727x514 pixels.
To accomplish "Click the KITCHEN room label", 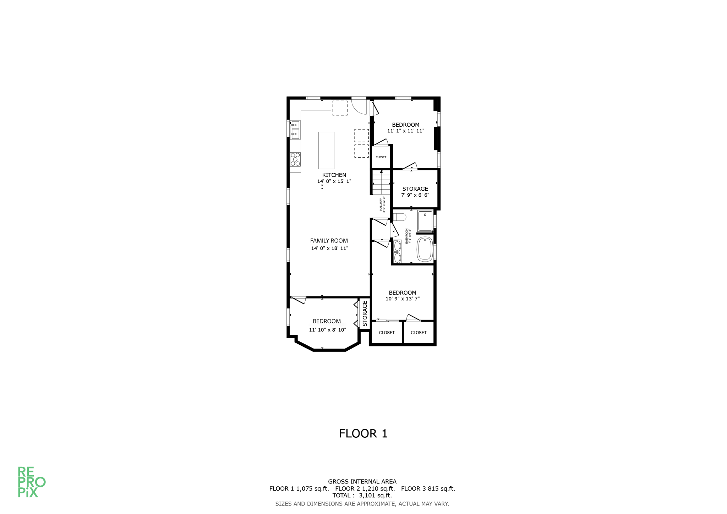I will [x=334, y=175].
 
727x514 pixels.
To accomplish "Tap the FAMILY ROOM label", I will [x=329, y=241].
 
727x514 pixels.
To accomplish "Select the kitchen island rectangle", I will [x=326, y=151].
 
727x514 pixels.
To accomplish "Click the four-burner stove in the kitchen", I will [x=295, y=159].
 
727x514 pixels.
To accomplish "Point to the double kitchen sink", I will [x=295, y=130].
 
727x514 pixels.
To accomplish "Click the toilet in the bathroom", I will [x=400, y=217].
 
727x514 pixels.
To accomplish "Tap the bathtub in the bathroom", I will [x=425, y=249].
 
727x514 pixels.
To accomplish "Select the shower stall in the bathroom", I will [x=425, y=221].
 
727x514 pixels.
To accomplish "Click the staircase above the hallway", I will [x=381, y=183].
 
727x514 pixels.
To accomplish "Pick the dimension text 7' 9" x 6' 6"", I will [x=415, y=195].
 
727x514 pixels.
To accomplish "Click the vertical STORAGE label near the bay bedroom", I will [x=365, y=314].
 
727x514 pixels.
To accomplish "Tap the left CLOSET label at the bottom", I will [x=387, y=333].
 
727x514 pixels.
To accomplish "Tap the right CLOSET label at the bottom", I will [x=419, y=333].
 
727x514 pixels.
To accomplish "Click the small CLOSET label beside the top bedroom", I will [x=381, y=157].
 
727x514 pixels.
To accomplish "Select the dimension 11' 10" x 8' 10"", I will [x=327, y=330].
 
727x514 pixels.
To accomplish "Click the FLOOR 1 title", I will [x=363, y=433].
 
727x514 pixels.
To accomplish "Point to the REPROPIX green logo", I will [x=31, y=482].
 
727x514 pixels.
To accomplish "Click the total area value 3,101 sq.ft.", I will [x=375, y=496].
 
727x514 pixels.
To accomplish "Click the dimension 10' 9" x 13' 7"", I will [x=403, y=299].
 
